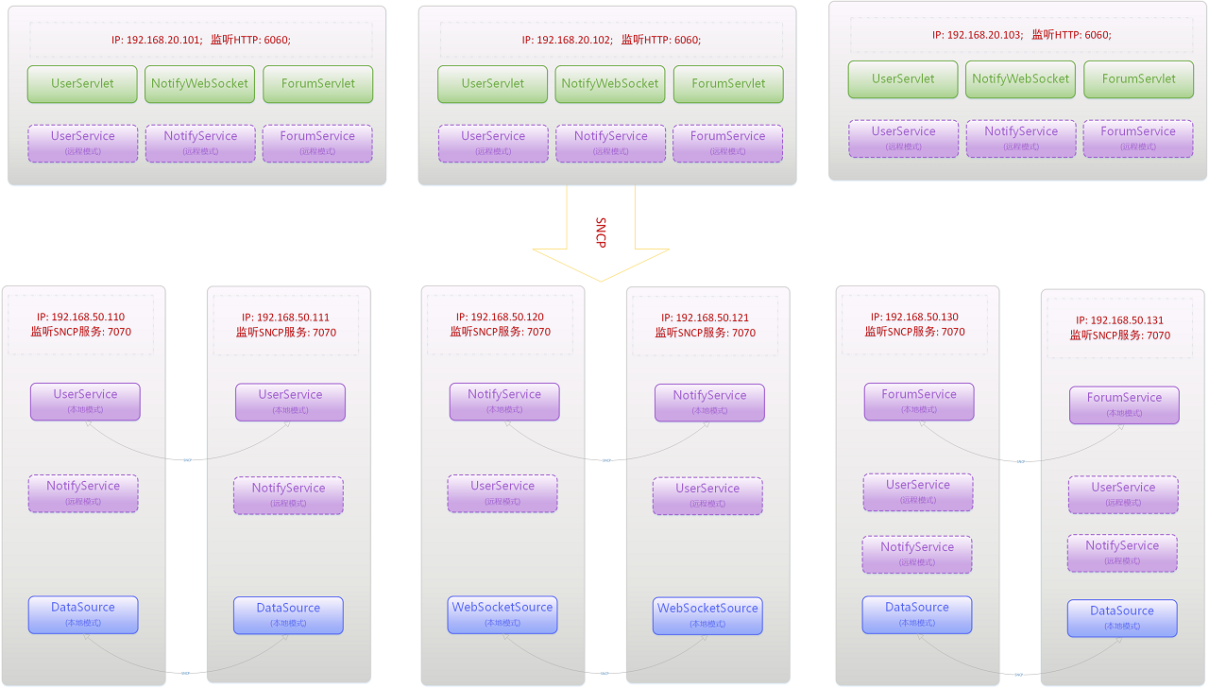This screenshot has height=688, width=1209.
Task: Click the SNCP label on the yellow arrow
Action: (601, 232)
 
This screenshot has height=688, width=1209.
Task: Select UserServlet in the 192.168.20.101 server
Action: (82, 83)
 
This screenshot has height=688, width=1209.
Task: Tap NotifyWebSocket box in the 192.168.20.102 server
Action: (610, 83)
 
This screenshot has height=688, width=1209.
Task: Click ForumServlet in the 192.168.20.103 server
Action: (1138, 78)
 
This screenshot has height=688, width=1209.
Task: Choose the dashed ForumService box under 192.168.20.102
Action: (727, 143)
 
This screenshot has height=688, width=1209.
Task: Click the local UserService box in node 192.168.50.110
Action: (85, 401)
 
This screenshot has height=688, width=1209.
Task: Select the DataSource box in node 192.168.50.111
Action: (288, 614)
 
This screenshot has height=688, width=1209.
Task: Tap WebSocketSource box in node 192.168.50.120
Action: (502, 614)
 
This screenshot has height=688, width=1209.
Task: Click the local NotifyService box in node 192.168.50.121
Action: (709, 402)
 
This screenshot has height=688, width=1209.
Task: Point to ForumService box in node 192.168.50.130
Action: (918, 401)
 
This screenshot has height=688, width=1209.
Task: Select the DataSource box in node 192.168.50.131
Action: (1122, 617)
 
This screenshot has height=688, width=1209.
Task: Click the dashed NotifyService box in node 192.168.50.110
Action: (83, 492)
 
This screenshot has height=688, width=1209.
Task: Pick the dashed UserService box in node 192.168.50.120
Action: (502, 492)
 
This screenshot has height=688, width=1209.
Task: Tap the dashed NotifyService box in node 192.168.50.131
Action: (1122, 552)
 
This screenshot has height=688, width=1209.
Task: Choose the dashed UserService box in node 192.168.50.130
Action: (918, 491)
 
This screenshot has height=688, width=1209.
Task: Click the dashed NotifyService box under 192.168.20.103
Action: (1020, 138)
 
